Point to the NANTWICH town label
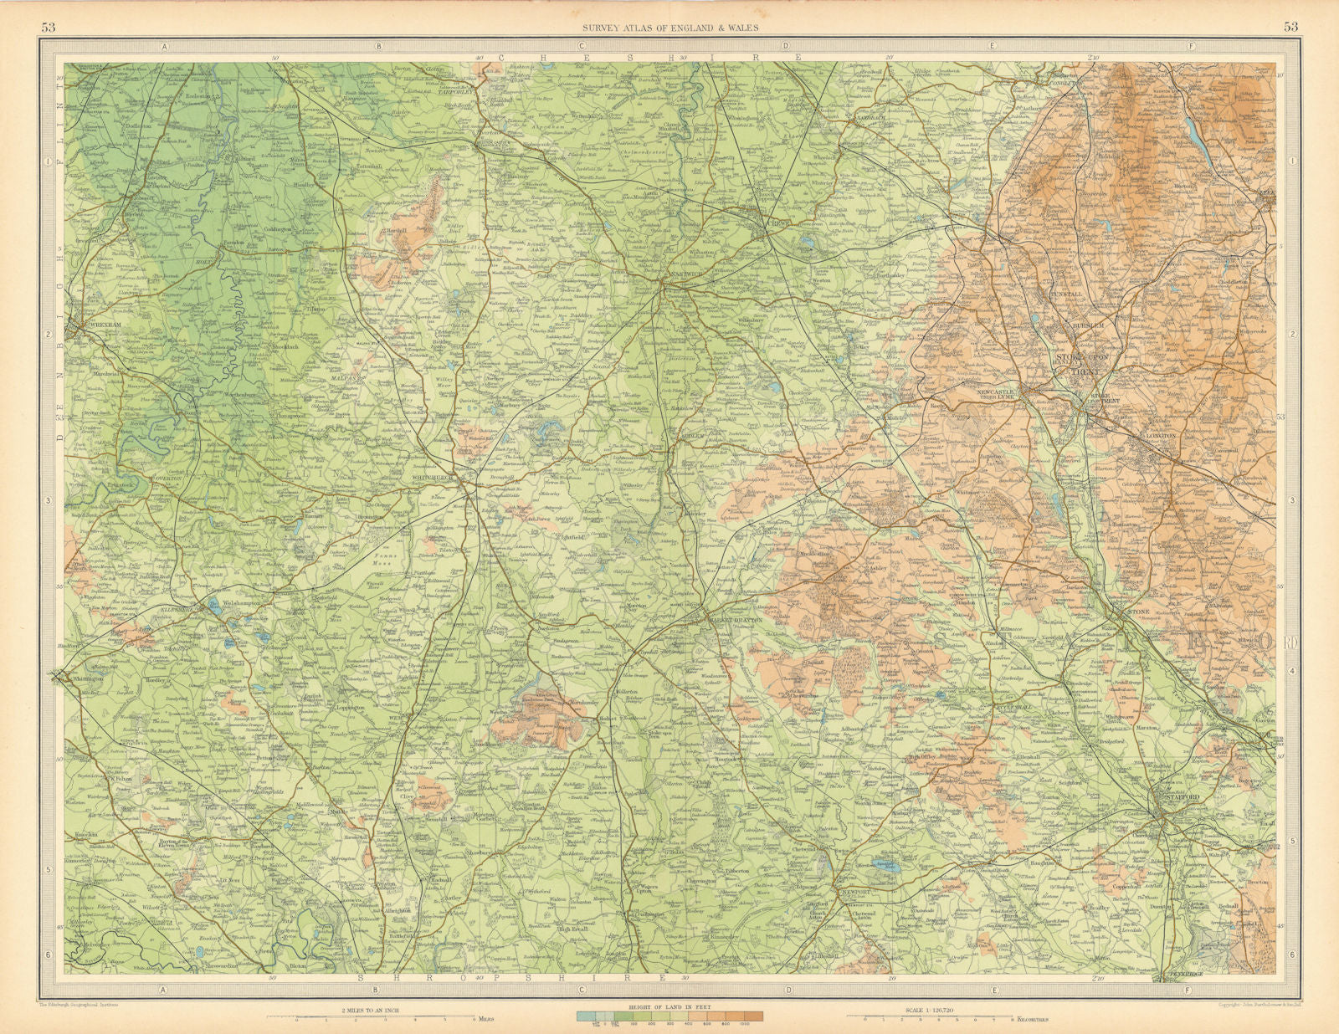tap(680, 280)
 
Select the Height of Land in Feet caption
tap(669, 1009)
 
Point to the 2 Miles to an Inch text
tap(376, 1010)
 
